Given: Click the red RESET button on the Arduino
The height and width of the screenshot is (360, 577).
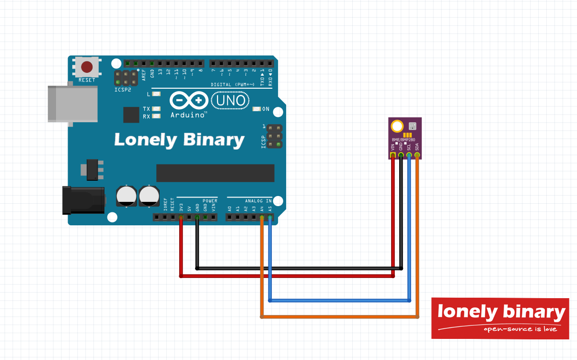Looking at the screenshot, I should (87, 67).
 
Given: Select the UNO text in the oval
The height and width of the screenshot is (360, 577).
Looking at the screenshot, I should (231, 101).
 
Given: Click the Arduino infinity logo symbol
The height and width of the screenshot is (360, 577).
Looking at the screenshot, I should (189, 101).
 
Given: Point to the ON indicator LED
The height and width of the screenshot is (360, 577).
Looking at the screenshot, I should (256, 109).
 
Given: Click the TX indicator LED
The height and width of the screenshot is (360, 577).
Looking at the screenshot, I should (155, 109).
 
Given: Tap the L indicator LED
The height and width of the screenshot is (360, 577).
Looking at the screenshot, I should (155, 94).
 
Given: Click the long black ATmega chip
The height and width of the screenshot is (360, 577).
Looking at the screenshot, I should (215, 173).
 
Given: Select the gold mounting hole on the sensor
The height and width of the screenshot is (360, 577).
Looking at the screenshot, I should (397, 127).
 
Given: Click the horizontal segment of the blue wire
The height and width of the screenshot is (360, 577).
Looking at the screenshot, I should (339, 301).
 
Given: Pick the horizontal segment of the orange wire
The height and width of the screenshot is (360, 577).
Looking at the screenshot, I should (339, 316).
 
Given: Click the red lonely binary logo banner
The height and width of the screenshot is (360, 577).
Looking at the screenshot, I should (500, 318).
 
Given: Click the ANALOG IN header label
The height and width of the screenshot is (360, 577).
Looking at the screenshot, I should (258, 200).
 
